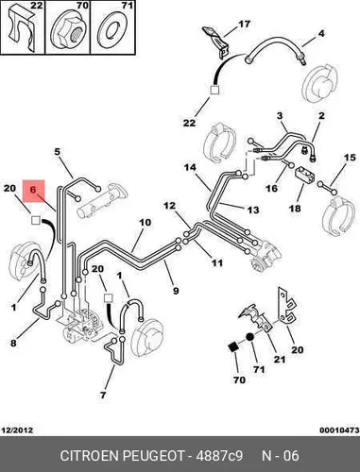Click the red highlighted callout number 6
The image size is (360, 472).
(33, 190)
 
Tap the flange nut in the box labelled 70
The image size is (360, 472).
(68, 30)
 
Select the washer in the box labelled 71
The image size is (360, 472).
(112, 30)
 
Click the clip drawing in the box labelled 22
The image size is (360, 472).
(22, 30)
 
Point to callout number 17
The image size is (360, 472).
(244, 24)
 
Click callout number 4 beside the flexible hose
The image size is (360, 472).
(320, 33)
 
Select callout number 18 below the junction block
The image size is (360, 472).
(295, 208)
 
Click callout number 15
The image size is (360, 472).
(350, 157)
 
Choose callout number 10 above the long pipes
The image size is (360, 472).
(146, 223)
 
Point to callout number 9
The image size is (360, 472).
(176, 290)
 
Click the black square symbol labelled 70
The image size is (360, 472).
(233, 347)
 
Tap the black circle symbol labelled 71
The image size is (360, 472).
(249, 337)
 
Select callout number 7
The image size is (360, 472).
(103, 395)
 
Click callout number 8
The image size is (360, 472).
(13, 343)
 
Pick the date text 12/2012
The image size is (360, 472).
(18, 430)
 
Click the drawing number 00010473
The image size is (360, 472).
(339, 430)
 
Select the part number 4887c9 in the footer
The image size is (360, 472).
(219, 456)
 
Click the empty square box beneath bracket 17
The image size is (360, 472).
(214, 90)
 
